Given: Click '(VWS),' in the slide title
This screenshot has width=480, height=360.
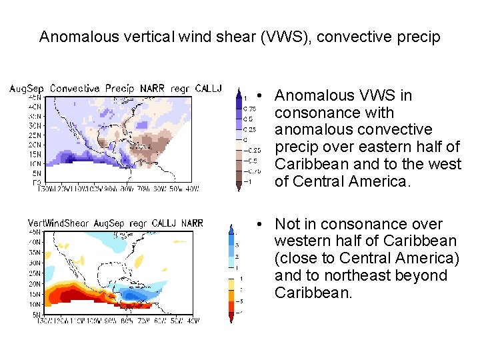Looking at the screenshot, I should (285, 37).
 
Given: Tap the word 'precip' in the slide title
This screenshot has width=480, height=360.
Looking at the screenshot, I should (419, 37).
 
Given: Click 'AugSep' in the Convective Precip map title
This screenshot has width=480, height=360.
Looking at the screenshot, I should (27, 89).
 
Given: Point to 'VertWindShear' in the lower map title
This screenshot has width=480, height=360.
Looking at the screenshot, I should (59, 223).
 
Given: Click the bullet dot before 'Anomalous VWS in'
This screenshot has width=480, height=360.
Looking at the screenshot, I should (265, 96).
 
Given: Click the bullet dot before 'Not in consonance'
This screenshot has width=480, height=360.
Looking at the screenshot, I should (265, 225).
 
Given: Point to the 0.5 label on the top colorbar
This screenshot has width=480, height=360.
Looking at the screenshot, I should (247, 119).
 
